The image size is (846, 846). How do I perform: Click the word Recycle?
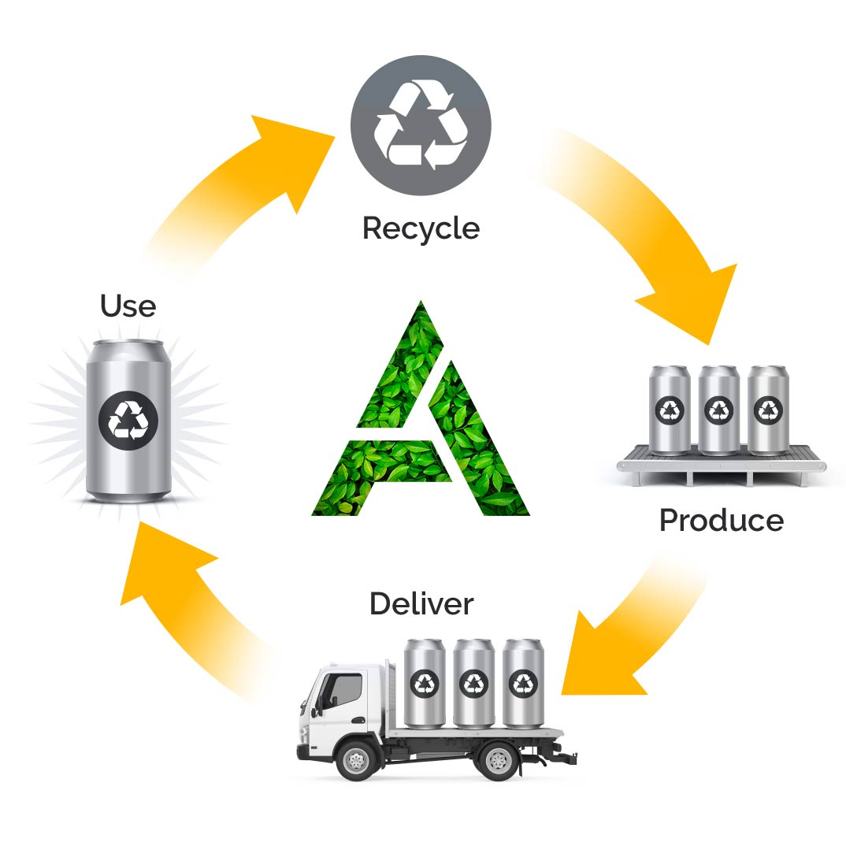[x=421, y=228]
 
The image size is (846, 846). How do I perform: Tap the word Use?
[x=128, y=306]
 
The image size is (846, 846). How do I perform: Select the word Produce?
[x=721, y=521]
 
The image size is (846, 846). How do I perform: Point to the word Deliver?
[x=421, y=604]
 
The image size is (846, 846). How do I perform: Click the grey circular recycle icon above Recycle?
[x=421, y=126]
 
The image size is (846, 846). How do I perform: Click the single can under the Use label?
[x=128, y=421]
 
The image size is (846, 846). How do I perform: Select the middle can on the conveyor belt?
[x=718, y=410]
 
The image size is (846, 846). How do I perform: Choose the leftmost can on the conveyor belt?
[x=670, y=410]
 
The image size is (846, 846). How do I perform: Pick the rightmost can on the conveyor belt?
[x=767, y=410]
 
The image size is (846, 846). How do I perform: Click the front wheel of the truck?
[x=355, y=761]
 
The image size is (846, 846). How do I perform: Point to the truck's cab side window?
[x=345, y=691]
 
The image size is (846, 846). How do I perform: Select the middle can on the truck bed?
[x=473, y=683]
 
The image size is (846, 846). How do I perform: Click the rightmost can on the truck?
[x=522, y=683]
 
